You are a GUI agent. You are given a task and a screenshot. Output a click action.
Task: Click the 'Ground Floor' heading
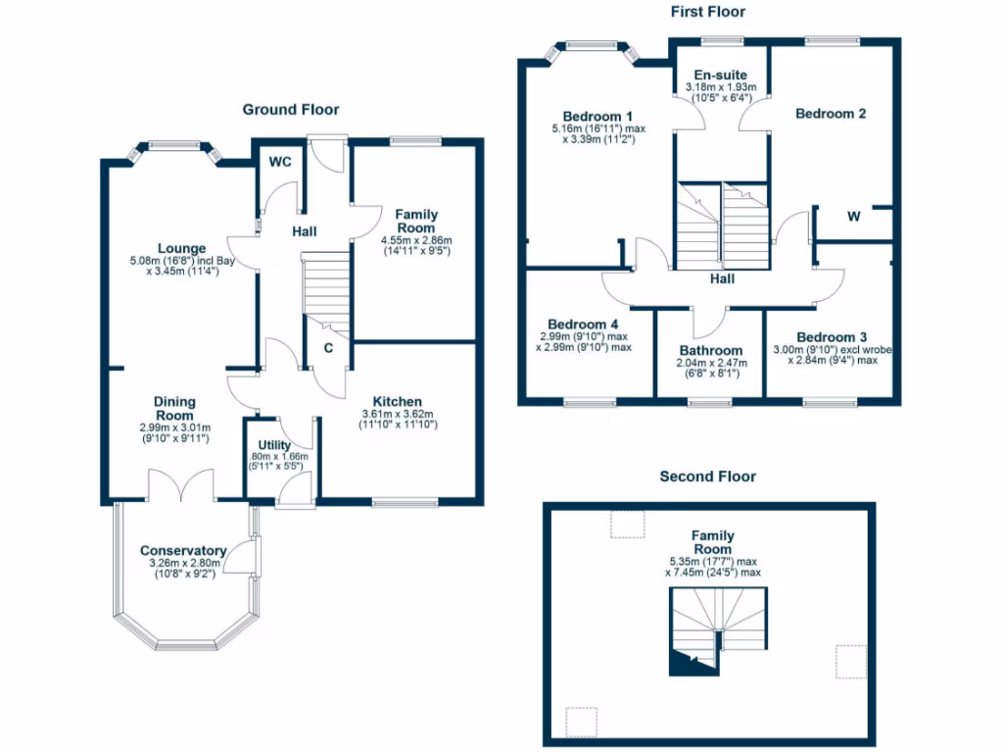[291, 110]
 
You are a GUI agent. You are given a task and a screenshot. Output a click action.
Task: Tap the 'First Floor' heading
[707, 12]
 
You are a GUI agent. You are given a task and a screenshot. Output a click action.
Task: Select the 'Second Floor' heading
[707, 477]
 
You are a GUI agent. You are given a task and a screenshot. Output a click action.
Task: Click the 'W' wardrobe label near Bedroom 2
[853, 217]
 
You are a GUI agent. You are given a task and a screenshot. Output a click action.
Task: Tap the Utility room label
[276, 445]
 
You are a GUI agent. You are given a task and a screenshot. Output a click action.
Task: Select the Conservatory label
[183, 550]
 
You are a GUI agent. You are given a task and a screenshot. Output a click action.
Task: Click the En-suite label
[720, 75]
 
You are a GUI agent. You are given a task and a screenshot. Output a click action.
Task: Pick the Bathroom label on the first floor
[711, 350]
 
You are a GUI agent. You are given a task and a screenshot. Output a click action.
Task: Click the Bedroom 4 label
[583, 325]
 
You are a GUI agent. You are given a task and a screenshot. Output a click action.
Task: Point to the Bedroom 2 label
[831, 114]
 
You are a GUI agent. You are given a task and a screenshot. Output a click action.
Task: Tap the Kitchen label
[398, 401]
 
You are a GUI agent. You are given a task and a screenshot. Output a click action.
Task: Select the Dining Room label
[175, 408]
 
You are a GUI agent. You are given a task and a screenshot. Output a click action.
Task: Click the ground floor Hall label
[304, 231]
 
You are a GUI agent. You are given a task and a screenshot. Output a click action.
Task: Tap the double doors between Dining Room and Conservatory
[181, 484]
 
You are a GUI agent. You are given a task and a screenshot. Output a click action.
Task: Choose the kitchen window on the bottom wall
[397, 504]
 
